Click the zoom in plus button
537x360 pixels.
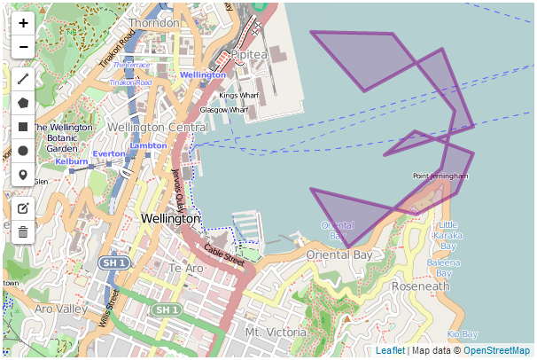click(x=23, y=24)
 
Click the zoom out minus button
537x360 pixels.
click(x=23, y=47)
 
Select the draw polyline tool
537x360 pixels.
click(x=23, y=79)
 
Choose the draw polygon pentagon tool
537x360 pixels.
click(x=23, y=103)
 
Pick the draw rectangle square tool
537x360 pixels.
click(x=23, y=127)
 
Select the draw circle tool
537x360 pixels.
click(x=23, y=151)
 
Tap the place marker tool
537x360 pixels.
click(x=23, y=175)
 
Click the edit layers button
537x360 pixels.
click(x=23, y=208)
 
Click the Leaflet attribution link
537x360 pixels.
click(x=391, y=351)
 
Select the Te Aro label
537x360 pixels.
click(x=186, y=268)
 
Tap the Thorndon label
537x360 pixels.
click(x=155, y=22)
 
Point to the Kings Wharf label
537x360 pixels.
click(x=238, y=95)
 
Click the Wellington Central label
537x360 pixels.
click(x=158, y=128)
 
